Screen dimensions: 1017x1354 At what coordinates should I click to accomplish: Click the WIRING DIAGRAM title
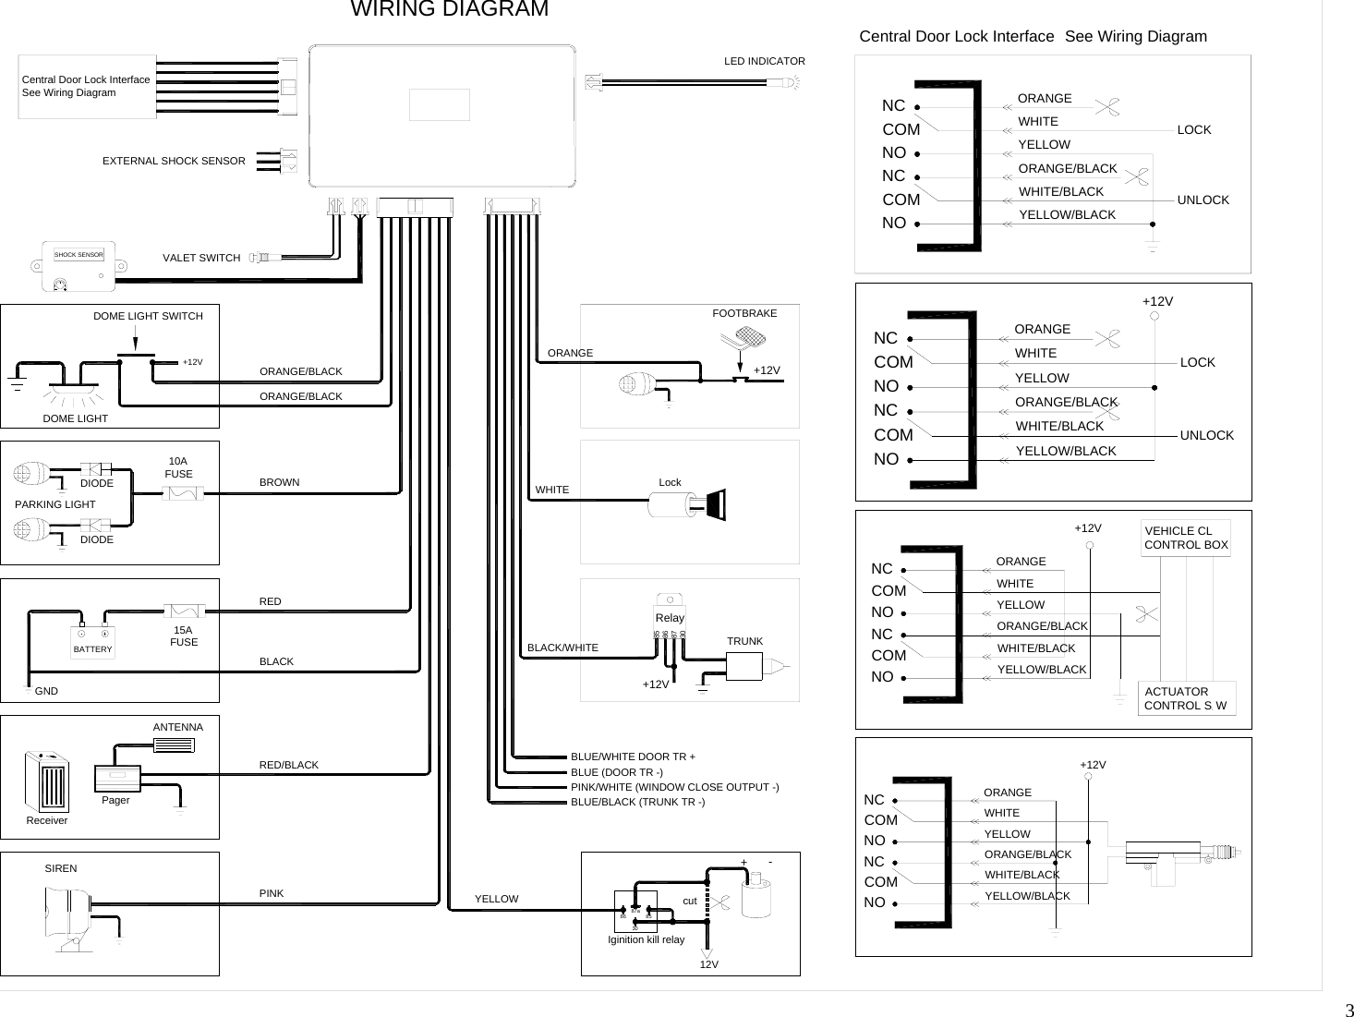(450, 10)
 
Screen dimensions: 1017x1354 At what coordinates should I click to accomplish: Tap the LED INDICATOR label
(764, 61)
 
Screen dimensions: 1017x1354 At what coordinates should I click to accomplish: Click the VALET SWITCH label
(201, 258)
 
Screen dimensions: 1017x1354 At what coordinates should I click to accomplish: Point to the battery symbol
(92, 640)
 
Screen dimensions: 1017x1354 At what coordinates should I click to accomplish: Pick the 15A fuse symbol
(184, 610)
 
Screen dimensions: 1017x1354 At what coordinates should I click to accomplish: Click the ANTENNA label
(177, 727)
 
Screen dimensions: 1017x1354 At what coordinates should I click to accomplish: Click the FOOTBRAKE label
(744, 313)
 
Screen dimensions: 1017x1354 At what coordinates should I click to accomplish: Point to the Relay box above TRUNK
(670, 614)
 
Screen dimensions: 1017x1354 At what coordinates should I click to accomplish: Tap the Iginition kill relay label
(646, 939)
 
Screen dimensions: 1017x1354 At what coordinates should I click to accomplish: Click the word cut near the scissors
(689, 900)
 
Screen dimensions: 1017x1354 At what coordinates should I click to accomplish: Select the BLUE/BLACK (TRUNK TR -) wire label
(637, 802)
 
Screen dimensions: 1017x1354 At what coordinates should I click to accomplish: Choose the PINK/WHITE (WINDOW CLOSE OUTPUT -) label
(674, 787)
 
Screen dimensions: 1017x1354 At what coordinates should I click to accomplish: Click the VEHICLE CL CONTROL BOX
(1186, 538)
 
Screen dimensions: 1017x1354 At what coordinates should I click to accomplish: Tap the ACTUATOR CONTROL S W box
(1186, 698)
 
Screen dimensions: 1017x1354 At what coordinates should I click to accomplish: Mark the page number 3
(1348, 1008)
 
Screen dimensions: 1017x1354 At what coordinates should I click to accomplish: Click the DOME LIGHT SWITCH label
(148, 316)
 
